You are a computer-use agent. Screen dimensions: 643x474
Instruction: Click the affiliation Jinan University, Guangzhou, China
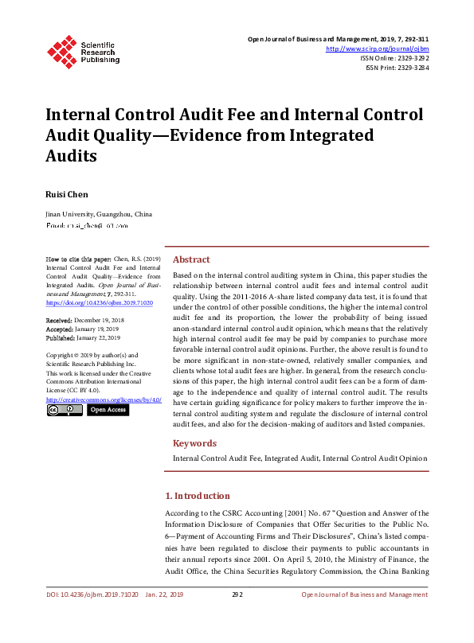click(99, 214)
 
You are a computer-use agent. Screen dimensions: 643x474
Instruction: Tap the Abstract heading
click(191, 259)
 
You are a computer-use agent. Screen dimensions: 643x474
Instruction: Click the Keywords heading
click(194, 443)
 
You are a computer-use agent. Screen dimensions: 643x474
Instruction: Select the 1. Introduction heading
click(202, 496)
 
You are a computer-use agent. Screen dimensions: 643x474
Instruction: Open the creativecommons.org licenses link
click(104, 399)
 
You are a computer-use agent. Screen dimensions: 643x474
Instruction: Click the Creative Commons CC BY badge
click(65, 410)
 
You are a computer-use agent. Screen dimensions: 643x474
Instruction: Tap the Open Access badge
click(107, 410)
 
